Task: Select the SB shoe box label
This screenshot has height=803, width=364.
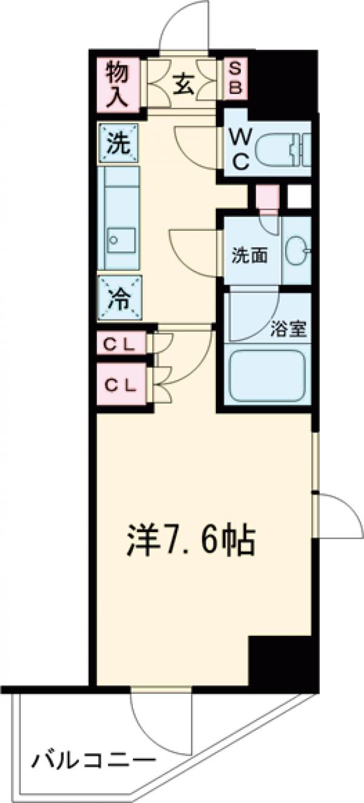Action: coord(235,79)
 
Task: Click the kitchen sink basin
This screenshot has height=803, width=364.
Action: coord(119,239)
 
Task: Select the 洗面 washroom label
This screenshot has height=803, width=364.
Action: coord(249,256)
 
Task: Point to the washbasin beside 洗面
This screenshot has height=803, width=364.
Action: coord(297,249)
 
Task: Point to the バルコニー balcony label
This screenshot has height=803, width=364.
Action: coord(92,760)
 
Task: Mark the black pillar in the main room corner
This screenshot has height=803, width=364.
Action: coord(279,661)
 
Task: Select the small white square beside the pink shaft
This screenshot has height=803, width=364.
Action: coord(298,196)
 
